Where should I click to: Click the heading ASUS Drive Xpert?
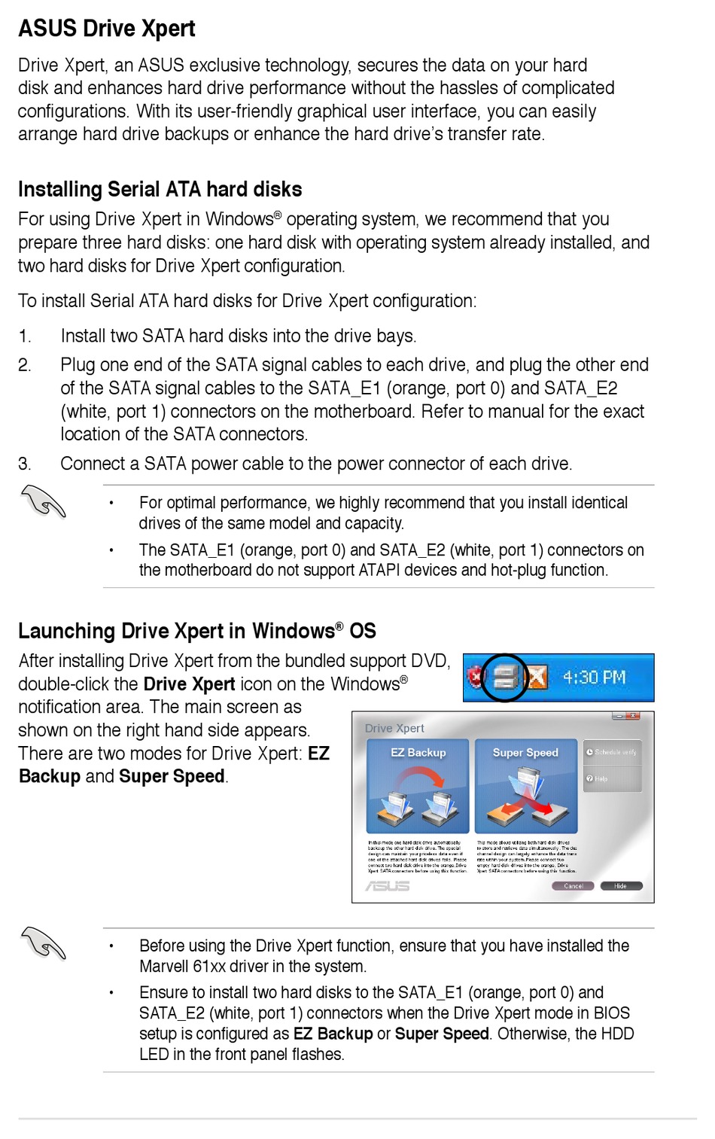106,29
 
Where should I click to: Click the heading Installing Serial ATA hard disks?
160,189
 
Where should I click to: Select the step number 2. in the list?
25,365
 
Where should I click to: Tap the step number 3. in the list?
25,464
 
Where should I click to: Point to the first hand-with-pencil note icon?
44,501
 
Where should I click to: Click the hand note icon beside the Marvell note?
44,943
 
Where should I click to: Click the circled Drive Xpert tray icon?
505,678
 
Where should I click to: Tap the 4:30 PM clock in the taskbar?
594,678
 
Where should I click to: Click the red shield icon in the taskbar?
474,677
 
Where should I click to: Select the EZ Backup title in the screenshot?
418,753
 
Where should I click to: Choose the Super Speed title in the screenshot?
525,753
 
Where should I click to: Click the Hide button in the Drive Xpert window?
620,886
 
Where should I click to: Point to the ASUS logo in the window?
387,886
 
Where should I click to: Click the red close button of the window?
633,716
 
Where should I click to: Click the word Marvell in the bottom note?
164,967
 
